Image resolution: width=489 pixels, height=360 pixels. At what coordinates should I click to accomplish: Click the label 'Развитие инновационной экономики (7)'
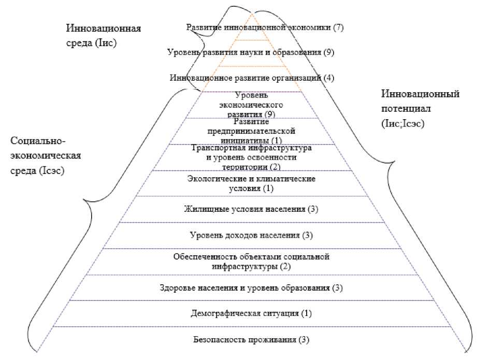[x=265, y=27]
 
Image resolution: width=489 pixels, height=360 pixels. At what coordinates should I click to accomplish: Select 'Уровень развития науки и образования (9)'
[x=251, y=52]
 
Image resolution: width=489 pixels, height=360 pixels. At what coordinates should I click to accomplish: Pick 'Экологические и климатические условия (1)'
[x=251, y=183]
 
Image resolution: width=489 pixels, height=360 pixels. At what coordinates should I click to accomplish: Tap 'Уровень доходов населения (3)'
[x=250, y=235]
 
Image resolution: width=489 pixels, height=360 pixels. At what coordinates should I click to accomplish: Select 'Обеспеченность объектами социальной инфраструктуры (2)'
[x=251, y=261]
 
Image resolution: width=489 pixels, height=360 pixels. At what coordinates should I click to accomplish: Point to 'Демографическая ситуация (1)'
[x=250, y=313]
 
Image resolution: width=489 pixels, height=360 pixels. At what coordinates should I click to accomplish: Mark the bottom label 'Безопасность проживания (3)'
[x=251, y=340]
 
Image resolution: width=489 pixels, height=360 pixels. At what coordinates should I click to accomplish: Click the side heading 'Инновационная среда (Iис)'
[x=104, y=35]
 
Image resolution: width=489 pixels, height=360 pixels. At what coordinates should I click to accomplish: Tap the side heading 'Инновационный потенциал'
[x=420, y=102]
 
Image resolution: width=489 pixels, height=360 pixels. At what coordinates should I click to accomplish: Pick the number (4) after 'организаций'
[x=329, y=78]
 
